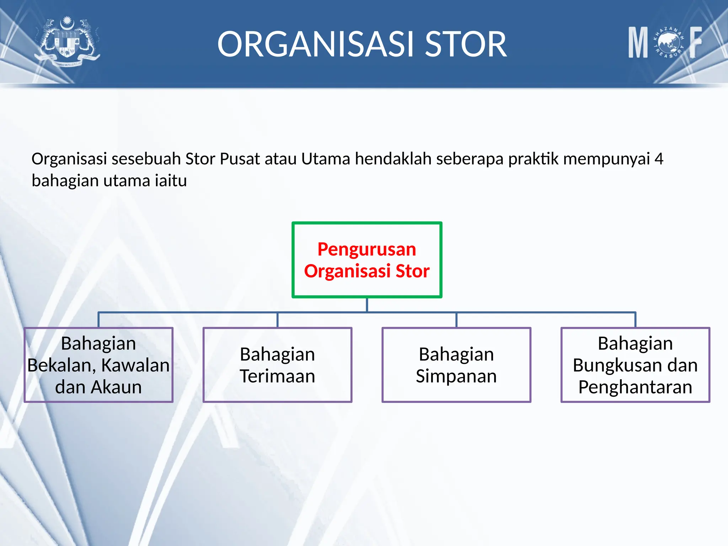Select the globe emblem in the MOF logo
point(669,43)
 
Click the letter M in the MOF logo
point(638,43)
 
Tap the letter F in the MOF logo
point(696,43)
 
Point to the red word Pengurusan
point(367,249)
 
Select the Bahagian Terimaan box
point(277,365)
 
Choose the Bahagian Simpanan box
point(456,365)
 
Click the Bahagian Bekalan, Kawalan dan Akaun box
point(98,365)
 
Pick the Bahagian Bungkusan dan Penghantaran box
point(635,365)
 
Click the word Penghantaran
point(635,387)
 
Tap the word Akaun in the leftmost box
point(116,387)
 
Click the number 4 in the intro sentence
point(659,159)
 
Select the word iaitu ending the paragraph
point(171,181)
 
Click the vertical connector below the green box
point(367,305)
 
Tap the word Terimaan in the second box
point(277,376)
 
